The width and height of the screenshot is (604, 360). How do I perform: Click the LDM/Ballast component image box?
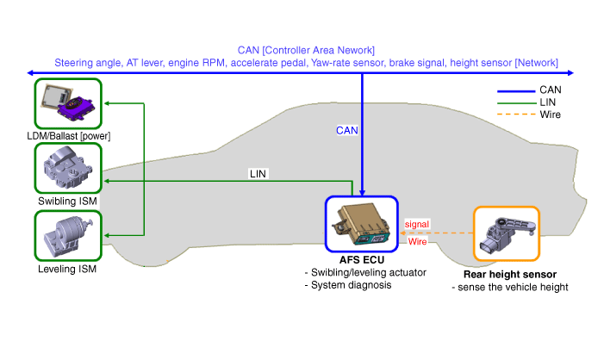(x=67, y=103)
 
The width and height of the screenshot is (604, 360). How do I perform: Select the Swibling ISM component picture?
(x=67, y=169)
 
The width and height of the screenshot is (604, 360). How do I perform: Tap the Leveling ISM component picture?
(x=67, y=235)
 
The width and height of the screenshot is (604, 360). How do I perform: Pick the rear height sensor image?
(x=507, y=233)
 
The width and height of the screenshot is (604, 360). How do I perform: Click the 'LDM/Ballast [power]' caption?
(x=68, y=136)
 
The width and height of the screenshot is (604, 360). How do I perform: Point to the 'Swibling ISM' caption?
(x=67, y=202)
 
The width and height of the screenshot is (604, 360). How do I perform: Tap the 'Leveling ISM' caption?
(x=67, y=269)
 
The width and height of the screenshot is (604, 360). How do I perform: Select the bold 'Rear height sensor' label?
(x=507, y=275)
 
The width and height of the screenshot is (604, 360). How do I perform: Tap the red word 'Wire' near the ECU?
(x=417, y=241)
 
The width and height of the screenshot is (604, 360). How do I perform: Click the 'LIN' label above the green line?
(x=258, y=173)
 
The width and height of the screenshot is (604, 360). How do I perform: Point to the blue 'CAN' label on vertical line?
(x=346, y=130)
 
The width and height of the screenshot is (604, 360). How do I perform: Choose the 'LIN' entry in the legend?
(x=549, y=102)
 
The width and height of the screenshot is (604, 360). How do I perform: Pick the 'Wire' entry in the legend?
(x=551, y=115)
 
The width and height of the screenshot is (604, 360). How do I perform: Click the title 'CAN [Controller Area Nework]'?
(x=306, y=51)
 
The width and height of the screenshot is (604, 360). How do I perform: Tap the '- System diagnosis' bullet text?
(x=348, y=284)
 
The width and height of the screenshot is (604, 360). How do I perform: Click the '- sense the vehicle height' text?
(x=510, y=287)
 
